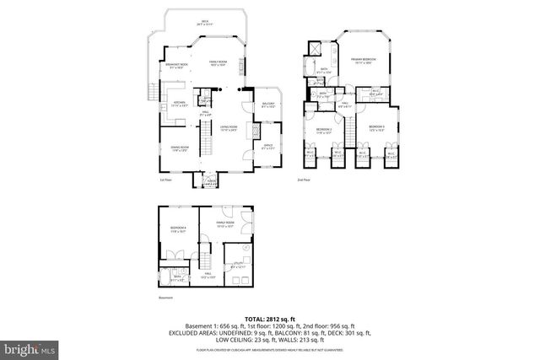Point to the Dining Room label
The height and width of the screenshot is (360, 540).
tap(179, 148)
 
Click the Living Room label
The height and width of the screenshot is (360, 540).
tap(227, 128)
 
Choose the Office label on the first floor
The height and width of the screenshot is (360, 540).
tap(267, 148)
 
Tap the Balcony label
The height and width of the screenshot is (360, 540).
tap(269, 106)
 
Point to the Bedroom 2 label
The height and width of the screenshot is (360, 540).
tap(325, 130)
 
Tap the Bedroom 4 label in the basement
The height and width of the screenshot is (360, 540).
tap(177, 229)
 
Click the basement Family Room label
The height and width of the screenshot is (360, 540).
tap(225, 224)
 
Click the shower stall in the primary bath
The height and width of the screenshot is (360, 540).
tap(315, 49)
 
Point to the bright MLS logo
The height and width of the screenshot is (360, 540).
tap(29, 347)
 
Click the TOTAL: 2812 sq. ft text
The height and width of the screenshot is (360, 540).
tap(269, 316)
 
